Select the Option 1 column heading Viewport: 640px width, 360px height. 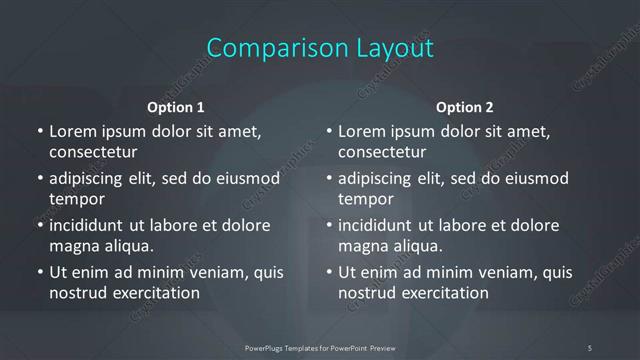[176, 107]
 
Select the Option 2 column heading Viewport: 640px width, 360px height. [465, 107]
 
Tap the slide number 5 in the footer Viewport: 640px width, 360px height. [589, 348]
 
